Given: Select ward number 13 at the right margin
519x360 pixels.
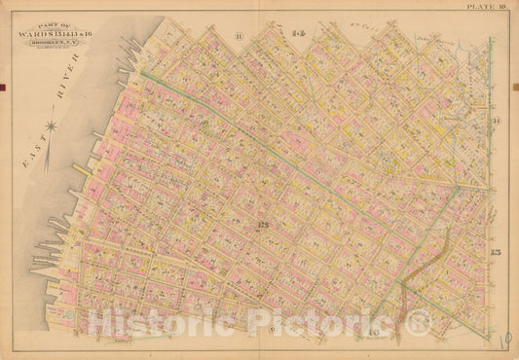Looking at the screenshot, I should click(x=495, y=253).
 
